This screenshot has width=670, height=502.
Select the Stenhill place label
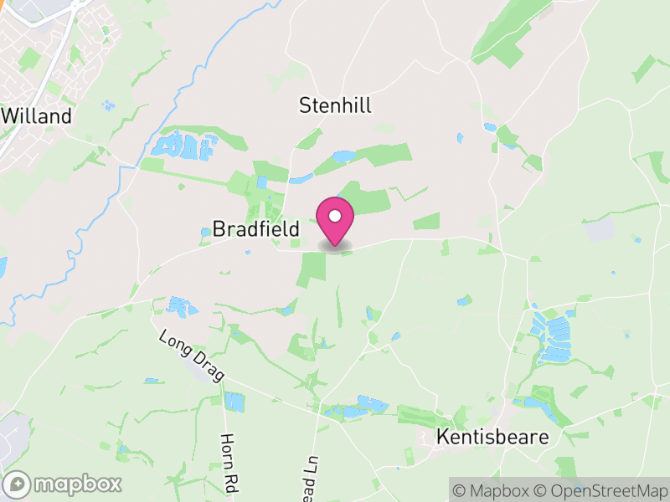335,105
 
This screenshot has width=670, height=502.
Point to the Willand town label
37,116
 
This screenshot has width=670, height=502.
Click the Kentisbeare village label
492,438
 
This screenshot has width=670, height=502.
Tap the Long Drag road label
192,356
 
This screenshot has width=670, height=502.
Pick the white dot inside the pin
335,216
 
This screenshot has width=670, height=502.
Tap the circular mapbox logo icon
18,484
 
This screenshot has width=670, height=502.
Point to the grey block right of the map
600,230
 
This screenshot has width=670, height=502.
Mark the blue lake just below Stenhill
344,156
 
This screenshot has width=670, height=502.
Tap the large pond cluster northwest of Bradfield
183,146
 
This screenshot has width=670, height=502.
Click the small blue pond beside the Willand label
106,105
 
